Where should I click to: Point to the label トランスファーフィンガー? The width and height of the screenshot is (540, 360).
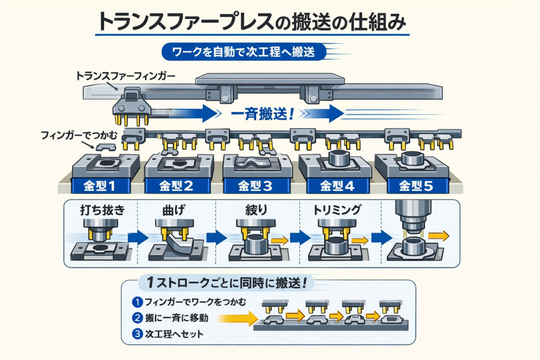pyautogui.click(x=126, y=75)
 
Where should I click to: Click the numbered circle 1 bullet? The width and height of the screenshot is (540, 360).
pyautogui.click(x=136, y=302)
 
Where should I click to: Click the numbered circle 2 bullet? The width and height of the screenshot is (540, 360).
pyautogui.click(x=136, y=318)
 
